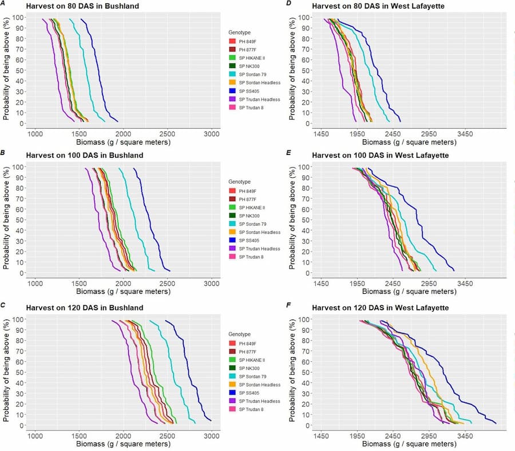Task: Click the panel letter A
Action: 3,5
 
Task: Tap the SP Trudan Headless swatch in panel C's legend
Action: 232,401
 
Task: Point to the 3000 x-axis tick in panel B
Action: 212,282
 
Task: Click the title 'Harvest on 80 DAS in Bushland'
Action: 85,6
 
